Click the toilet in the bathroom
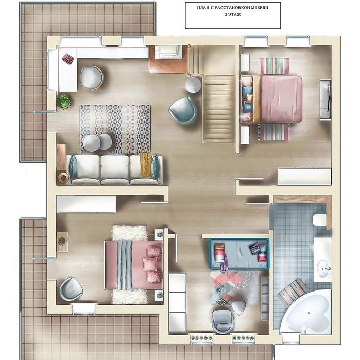[x=319, y=220]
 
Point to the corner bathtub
[x=306, y=312]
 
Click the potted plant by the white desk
[x=63, y=101]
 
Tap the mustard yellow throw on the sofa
[x=146, y=165]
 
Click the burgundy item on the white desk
[x=68, y=58]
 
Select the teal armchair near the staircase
[x=183, y=110]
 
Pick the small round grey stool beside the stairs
[x=193, y=84]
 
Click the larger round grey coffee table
[x=92, y=143]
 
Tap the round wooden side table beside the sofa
[x=63, y=178]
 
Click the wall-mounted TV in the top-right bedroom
[x=325, y=99]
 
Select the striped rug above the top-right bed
[x=275, y=65]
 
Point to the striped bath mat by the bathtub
[x=292, y=292]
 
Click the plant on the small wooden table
[x=61, y=241]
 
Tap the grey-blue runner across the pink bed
[x=125, y=265]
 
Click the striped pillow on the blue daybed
[x=219, y=252]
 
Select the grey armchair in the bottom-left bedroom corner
[x=71, y=289]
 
